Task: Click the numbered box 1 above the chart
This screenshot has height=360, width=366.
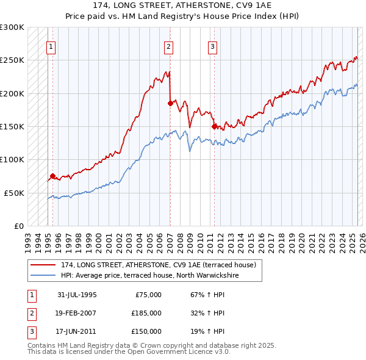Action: (x=51, y=46)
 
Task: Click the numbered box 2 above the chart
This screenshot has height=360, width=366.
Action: (x=168, y=46)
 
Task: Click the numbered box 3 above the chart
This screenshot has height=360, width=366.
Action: (x=212, y=46)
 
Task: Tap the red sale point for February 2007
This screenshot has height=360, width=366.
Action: (x=170, y=104)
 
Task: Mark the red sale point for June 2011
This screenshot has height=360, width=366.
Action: (x=214, y=126)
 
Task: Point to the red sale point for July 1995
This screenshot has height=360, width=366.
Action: (x=52, y=176)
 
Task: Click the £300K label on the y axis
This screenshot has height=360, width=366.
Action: (x=12, y=27)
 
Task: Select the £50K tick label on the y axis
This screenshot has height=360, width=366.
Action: (x=14, y=192)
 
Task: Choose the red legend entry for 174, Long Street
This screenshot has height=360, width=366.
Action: (x=162, y=265)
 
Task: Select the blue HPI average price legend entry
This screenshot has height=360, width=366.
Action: (x=149, y=275)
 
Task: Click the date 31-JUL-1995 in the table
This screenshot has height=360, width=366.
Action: (x=77, y=295)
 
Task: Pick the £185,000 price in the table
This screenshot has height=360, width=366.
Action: (x=146, y=313)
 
